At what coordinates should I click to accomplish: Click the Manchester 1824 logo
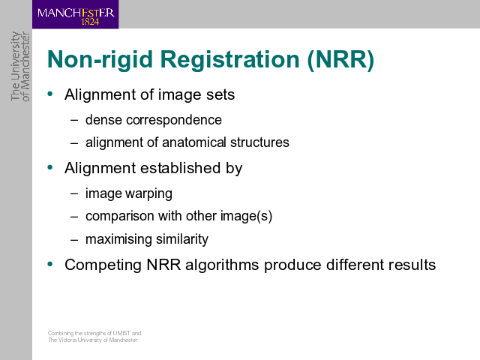tap(75, 14)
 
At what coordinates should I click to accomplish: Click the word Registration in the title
tap(230, 59)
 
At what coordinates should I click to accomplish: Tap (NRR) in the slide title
tap(340, 59)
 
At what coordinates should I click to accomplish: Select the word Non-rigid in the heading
tap(100, 59)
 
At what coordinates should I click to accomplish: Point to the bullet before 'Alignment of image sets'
tap(50, 94)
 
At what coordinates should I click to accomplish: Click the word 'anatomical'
tap(194, 142)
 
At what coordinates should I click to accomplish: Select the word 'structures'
tap(259, 142)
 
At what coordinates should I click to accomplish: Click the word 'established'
tap(181, 168)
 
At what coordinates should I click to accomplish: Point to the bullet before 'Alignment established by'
tap(50, 167)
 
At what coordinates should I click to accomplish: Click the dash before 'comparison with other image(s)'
tap(74, 217)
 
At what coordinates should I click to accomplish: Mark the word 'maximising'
tap(118, 239)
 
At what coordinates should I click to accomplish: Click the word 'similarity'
tap(182, 239)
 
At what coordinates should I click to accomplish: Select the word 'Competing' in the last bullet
tap(103, 265)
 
